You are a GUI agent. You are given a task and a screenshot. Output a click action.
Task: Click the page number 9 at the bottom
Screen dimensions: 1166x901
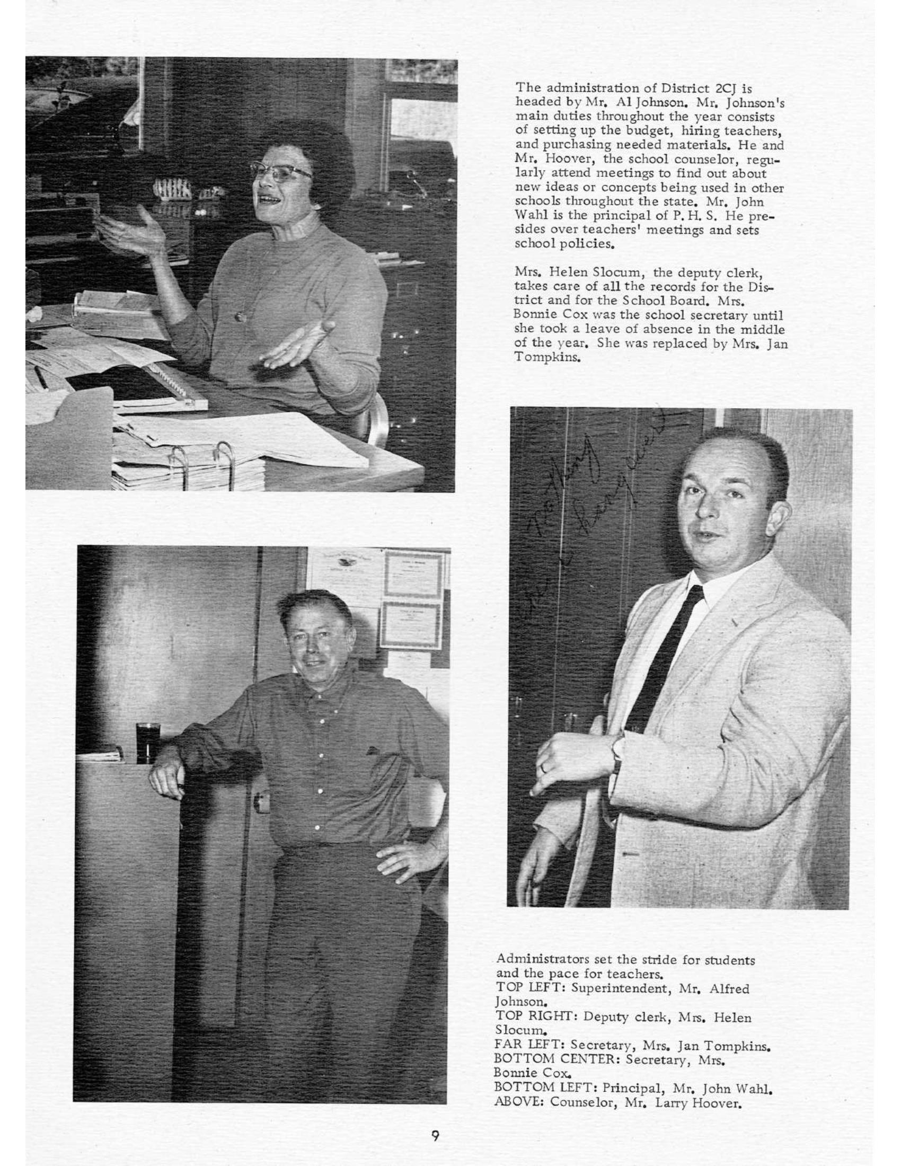pyautogui.click(x=435, y=1135)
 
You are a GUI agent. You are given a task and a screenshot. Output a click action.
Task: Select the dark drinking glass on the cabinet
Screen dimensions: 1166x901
pyautogui.click(x=148, y=742)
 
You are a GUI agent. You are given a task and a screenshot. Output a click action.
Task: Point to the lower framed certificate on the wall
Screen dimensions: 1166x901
pyautogui.click(x=410, y=626)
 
